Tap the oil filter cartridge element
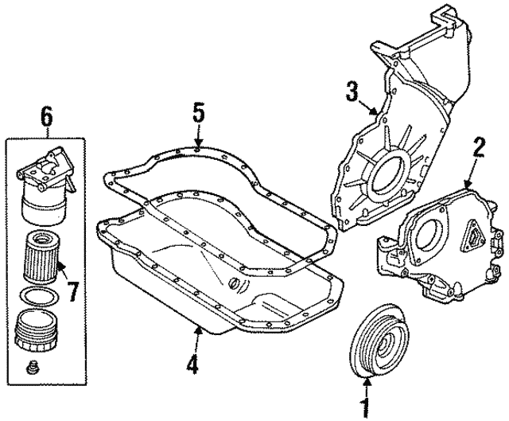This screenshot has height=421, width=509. pos(37,256)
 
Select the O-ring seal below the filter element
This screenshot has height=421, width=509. pos(37,299)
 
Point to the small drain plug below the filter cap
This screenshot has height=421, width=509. pos(33,368)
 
